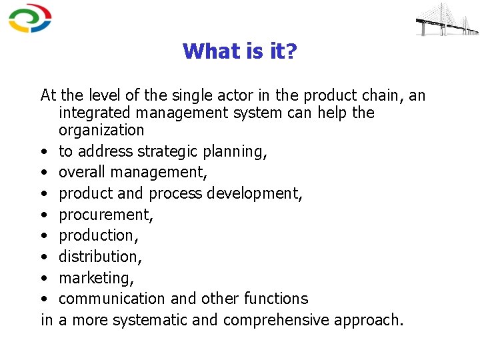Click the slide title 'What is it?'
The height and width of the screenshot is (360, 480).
point(239,51)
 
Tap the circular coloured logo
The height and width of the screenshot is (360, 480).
point(30,19)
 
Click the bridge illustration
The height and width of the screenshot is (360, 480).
point(447,19)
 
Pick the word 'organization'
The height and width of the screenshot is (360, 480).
point(101,130)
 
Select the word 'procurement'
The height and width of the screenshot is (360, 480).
point(105,215)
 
